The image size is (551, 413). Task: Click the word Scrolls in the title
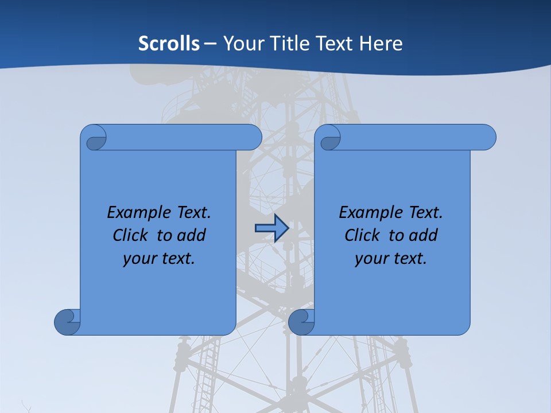(169, 44)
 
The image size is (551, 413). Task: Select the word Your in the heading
(243, 44)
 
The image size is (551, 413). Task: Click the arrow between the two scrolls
(271, 228)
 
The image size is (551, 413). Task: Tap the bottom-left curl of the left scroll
(68, 322)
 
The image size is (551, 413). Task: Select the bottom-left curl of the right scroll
(302, 322)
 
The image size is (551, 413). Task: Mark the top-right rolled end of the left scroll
(250, 138)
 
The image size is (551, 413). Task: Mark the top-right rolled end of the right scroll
(484, 138)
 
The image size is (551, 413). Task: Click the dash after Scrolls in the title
(211, 44)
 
